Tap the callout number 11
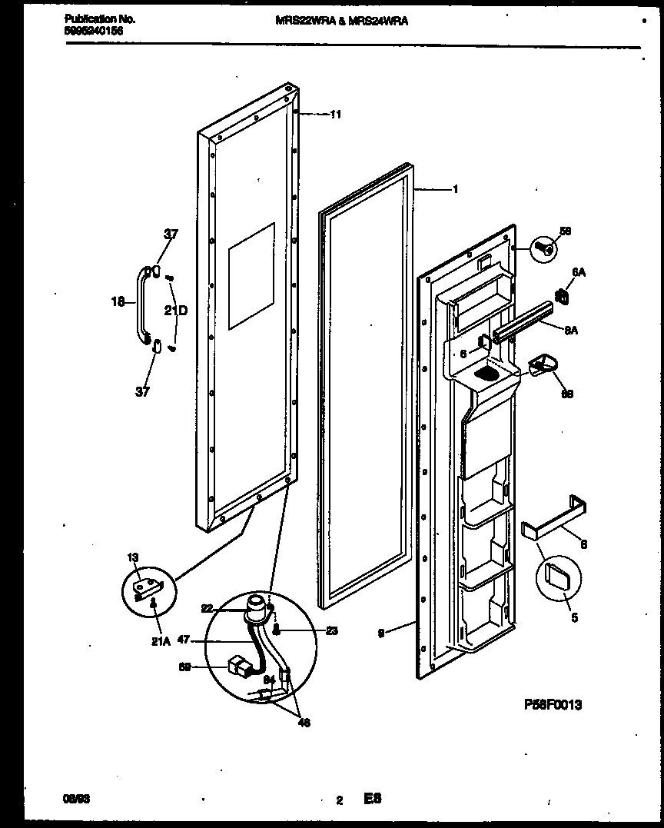coord(335,115)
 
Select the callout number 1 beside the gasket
coord(455,189)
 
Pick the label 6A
coord(578,272)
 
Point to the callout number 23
coord(331,632)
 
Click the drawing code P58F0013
coord(553,704)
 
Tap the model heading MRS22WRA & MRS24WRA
coord(341,22)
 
